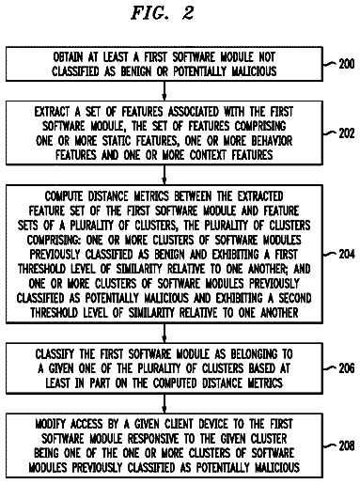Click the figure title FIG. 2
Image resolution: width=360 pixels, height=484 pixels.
(x=163, y=13)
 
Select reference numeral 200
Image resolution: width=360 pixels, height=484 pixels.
(x=347, y=64)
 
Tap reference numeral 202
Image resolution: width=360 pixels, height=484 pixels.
(x=347, y=133)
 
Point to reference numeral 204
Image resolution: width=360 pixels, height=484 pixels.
(x=347, y=254)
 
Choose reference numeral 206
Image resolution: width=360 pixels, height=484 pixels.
(x=347, y=368)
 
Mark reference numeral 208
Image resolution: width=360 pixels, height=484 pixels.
(x=347, y=445)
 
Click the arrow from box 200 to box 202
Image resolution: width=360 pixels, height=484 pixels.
(x=164, y=91)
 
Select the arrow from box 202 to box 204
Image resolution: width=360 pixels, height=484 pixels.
(x=164, y=175)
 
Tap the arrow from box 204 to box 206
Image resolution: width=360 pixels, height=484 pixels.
(x=164, y=333)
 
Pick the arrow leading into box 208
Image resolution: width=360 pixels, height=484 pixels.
(x=164, y=403)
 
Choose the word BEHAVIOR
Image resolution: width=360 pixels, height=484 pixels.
(x=272, y=141)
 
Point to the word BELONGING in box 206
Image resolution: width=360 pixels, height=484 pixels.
(x=254, y=354)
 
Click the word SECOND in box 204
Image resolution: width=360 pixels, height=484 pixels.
(x=294, y=298)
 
